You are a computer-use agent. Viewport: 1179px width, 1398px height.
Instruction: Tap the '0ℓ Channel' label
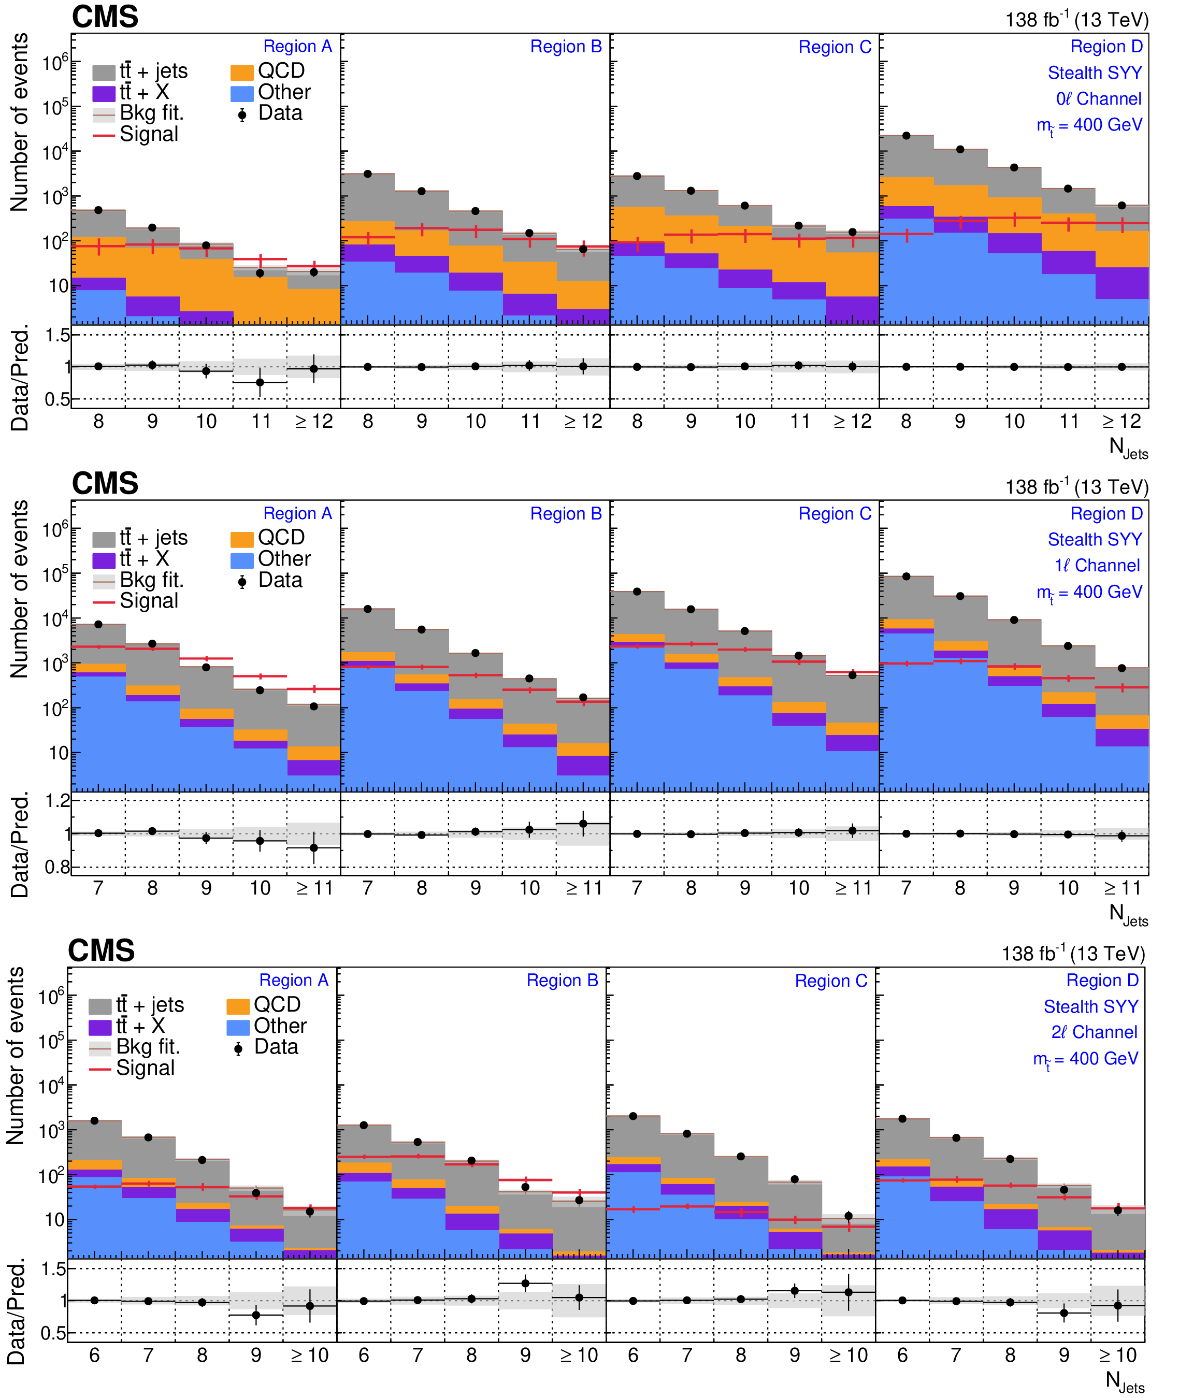pyautogui.click(x=1099, y=99)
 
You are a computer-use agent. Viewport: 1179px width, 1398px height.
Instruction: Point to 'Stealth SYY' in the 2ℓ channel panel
pyautogui.click(x=1091, y=1006)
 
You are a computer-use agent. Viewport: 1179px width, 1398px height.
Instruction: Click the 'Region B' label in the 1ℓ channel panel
pyautogui.click(x=566, y=513)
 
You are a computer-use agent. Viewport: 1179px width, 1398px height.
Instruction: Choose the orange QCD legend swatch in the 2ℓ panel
pyautogui.click(x=238, y=1006)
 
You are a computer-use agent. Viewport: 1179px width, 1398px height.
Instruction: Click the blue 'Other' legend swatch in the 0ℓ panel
pyautogui.click(x=242, y=93)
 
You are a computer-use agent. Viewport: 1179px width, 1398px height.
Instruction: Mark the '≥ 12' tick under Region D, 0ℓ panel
pyautogui.click(x=1122, y=422)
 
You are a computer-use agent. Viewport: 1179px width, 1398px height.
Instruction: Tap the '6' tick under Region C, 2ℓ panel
pyautogui.click(x=633, y=1355)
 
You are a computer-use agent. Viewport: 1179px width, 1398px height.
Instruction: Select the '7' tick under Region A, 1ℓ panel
pyautogui.click(x=98, y=888)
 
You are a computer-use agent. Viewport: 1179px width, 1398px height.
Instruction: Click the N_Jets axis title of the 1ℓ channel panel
pyautogui.click(x=1128, y=914)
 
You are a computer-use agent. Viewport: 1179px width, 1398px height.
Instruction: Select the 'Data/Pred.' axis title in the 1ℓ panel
pyautogui.click(x=20, y=845)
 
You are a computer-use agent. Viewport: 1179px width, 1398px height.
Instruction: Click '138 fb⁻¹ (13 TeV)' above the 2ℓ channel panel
pyautogui.click(x=1073, y=954)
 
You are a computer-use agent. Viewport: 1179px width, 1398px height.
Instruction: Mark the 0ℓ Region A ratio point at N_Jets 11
pyautogui.click(x=260, y=382)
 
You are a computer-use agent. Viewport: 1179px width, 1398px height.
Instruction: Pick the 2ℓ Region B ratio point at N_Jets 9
pyautogui.click(x=525, y=1283)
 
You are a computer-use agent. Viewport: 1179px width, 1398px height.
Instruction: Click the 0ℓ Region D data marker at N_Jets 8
pyautogui.click(x=907, y=136)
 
